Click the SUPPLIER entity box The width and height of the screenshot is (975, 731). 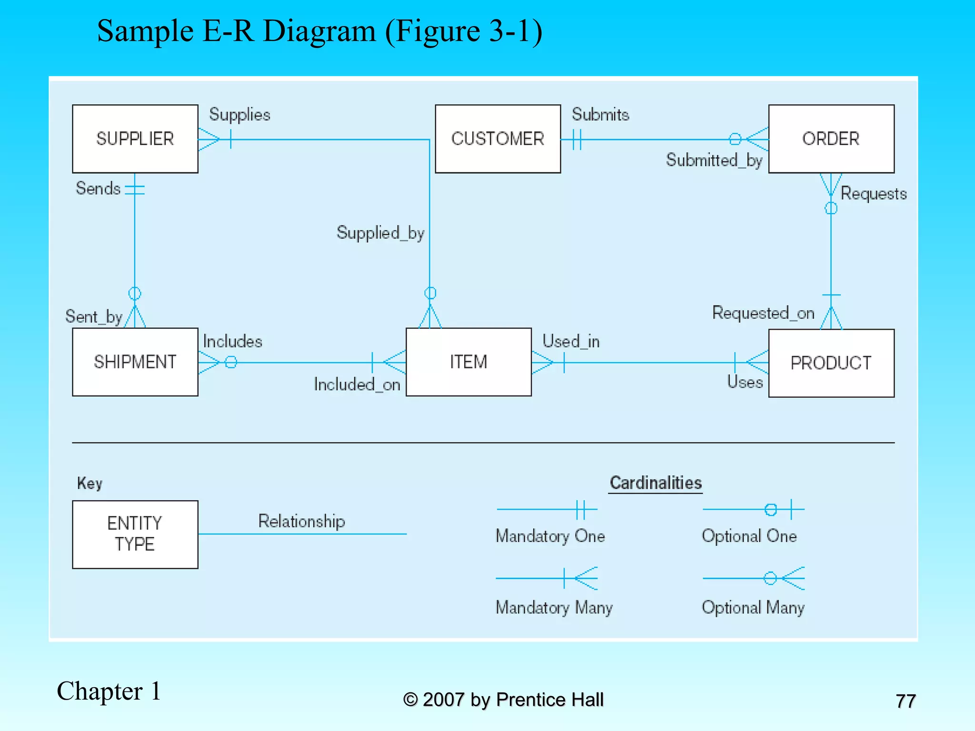[x=135, y=139]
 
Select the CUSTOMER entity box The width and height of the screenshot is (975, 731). [x=497, y=139]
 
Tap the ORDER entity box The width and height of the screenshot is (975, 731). [x=831, y=139]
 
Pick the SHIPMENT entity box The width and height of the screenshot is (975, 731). [x=135, y=362]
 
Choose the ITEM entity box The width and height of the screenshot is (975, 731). [x=468, y=362]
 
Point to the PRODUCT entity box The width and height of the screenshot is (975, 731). [x=831, y=363]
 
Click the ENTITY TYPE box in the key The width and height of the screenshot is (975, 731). [x=135, y=534]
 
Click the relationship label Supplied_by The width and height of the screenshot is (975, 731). [x=380, y=233]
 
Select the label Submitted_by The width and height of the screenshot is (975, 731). [x=714, y=160]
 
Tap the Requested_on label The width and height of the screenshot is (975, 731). [x=763, y=313]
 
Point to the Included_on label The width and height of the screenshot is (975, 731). [x=357, y=385]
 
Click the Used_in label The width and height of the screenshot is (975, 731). [x=571, y=341]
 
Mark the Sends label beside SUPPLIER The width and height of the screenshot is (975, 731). [x=98, y=188]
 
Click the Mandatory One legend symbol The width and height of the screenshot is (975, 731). [x=580, y=509]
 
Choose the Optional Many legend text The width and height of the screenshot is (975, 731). [x=753, y=608]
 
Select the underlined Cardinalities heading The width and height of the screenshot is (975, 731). [x=656, y=483]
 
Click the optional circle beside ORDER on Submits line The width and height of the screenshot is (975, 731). [x=735, y=139]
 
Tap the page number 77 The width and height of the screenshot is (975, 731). [x=905, y=701]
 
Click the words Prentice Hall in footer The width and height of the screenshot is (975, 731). [x=549, y=700]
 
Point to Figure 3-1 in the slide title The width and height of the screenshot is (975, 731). [x=464, y=31]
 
